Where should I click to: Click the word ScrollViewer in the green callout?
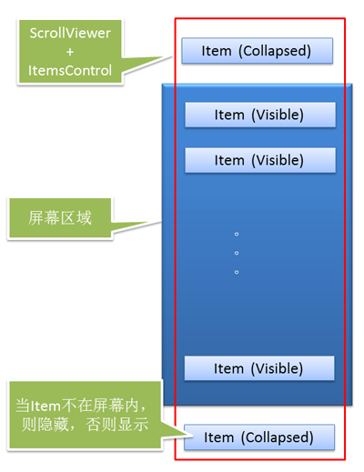click(70, 33)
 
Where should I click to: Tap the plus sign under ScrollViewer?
click(70, 52)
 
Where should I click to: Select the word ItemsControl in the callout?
click(70, 71)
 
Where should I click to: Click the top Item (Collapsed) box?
click(258, 51)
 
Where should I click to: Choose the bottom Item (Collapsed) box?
click(259, 437)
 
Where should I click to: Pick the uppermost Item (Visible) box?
click(260, 115)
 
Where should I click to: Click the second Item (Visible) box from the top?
click(260, 160)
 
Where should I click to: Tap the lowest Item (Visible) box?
click(259, 368)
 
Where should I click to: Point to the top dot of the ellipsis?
click(237, 234)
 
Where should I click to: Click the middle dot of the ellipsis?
click(237, 253)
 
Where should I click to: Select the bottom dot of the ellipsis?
click(237, 272)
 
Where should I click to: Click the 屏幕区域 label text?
click(60, 218)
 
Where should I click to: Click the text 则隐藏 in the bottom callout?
click(45, 425)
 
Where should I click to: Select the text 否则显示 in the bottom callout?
click(117, 425)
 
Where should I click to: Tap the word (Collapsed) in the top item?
click(275, 51)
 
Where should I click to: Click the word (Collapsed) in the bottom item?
click(278, 437)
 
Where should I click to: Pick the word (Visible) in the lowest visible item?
click(277, 368)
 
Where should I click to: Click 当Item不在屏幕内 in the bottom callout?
click(77, 406)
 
